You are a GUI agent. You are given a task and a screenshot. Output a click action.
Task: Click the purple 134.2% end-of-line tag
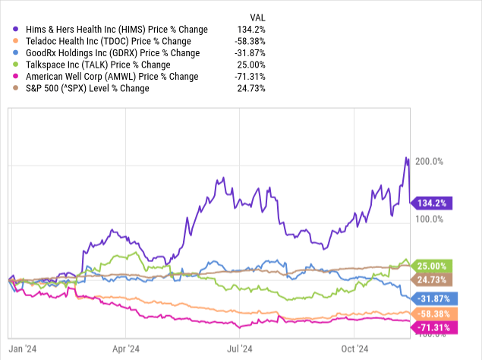(x=433, y=203)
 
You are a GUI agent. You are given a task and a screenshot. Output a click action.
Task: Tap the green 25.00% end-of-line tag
(x=433, y=266)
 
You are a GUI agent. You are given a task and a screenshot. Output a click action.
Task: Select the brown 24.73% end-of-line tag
(x=433, y=280)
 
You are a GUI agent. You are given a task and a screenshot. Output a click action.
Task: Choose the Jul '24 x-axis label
(x=241, y=349)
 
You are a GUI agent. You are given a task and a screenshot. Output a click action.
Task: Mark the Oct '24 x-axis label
(x=354, y=349)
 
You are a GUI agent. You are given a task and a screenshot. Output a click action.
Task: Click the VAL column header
(x=257, y=17)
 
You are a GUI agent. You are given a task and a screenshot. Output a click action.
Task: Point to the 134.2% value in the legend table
(x=251, y=29)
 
